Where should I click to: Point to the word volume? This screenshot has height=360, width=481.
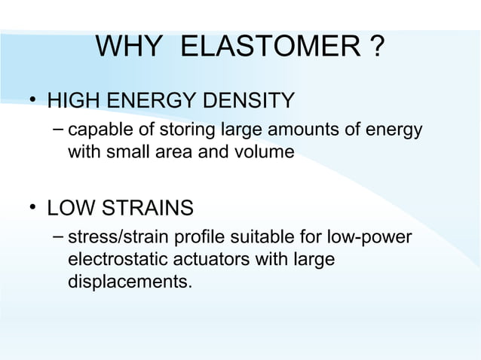pos(266,153)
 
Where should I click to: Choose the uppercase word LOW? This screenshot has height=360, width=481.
pos(69,207)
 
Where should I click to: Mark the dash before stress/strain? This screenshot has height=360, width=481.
pos(57,236)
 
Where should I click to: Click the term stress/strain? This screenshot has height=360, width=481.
pos(118,238)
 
